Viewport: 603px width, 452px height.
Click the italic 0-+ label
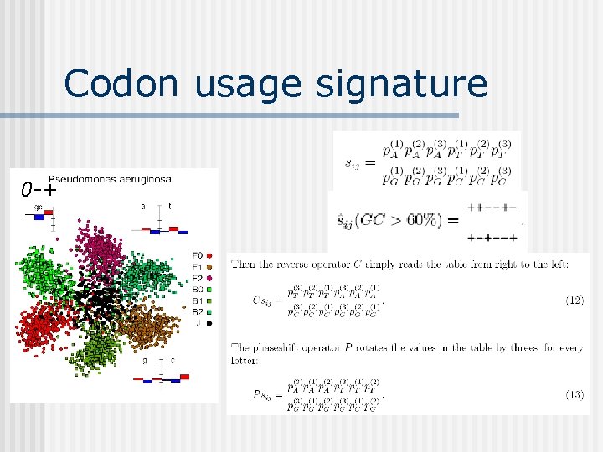40,189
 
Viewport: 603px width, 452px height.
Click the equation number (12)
574,299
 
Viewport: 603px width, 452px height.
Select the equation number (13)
574,393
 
